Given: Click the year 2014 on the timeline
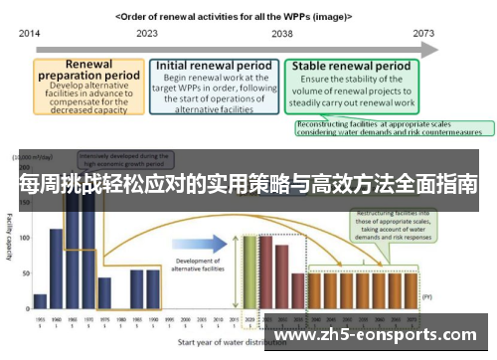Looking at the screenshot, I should tap(29, 33).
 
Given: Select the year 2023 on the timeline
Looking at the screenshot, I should tap(147, 33).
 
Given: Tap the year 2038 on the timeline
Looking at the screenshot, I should tap(281, 33).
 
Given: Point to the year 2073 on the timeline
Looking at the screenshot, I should tap(424, 33).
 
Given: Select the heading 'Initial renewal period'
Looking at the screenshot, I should tap(213, 66).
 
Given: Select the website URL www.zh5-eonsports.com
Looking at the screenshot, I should tap(383, 335).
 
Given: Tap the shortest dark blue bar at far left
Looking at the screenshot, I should tap(40, 300).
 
